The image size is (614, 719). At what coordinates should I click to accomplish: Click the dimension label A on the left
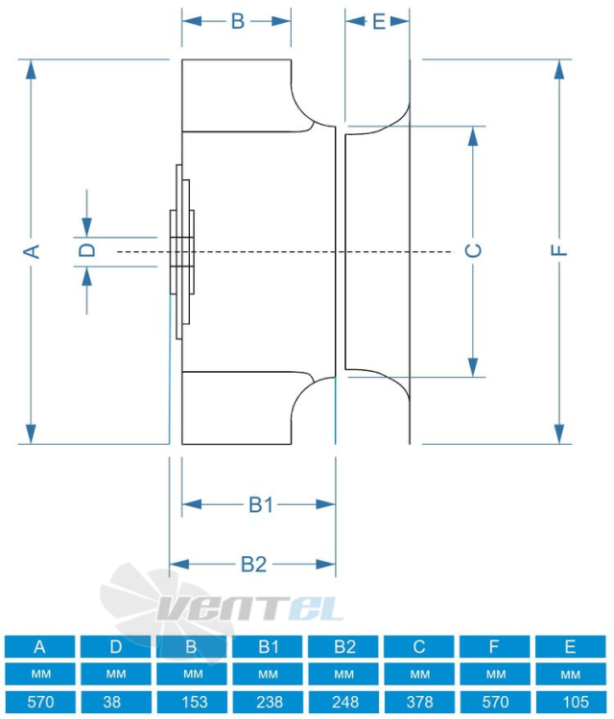[32, 252]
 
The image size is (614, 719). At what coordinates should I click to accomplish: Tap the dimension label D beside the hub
[86, 250]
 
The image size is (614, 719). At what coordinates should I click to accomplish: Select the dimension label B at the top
[237, 21]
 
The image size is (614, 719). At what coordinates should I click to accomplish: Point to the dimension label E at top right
[379, 21]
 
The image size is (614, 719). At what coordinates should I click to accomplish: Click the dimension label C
[474, 250]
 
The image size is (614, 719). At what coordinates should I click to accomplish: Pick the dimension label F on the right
[559, 250]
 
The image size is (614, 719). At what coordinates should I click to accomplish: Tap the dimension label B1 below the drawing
[261, 504]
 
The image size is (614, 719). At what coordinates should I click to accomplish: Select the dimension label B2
[254, 564]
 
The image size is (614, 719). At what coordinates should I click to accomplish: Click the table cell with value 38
[116, 702]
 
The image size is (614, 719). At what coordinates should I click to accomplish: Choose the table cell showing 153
[192, 702]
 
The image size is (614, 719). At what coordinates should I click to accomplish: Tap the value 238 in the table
[268, 702]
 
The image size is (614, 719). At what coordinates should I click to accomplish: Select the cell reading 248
[343, 702]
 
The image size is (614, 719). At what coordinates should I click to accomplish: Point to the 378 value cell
[419, 702]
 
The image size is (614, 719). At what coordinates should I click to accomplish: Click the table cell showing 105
[571, 702]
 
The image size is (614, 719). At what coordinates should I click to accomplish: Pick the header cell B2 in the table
[343, 646]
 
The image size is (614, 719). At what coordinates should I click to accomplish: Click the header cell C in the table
[419, 646]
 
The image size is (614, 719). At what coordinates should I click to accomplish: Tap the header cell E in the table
[571, 646]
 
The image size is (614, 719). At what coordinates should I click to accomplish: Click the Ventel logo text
[250, 608]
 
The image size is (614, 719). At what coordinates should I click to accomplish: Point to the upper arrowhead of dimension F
[559, 70]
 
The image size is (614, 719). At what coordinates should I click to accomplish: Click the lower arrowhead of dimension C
[473, 366]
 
